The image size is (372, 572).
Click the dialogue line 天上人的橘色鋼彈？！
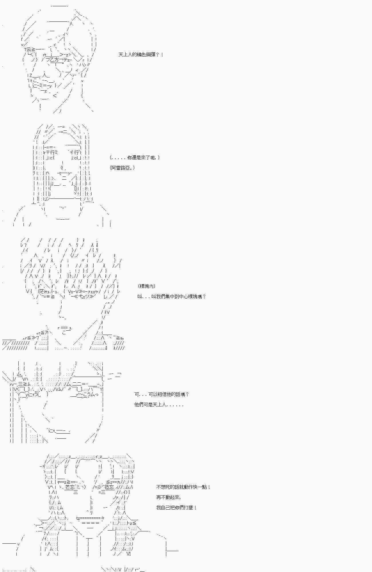141,55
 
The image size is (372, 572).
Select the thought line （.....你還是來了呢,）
134,158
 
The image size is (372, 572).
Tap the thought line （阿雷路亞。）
122,168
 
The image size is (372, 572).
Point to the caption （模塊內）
147,286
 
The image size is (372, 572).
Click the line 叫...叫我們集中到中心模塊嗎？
171,297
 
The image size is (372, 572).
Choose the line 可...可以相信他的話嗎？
162,394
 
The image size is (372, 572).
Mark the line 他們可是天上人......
159,405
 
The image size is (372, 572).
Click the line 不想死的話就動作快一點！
183,487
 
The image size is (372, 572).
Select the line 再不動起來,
169,497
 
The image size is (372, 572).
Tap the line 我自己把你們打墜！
177,508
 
